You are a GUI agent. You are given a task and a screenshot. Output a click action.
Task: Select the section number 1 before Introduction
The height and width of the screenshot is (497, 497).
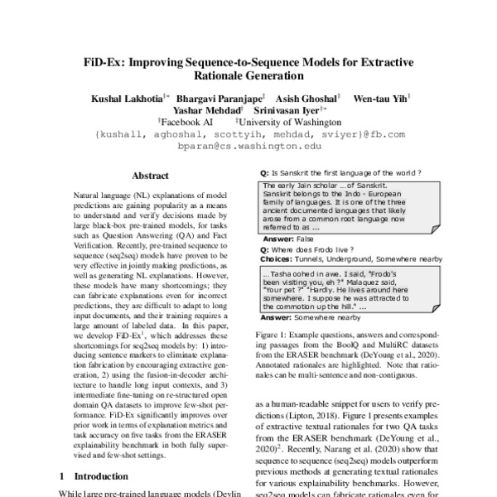pyautogui.click(x=64, y=477)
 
